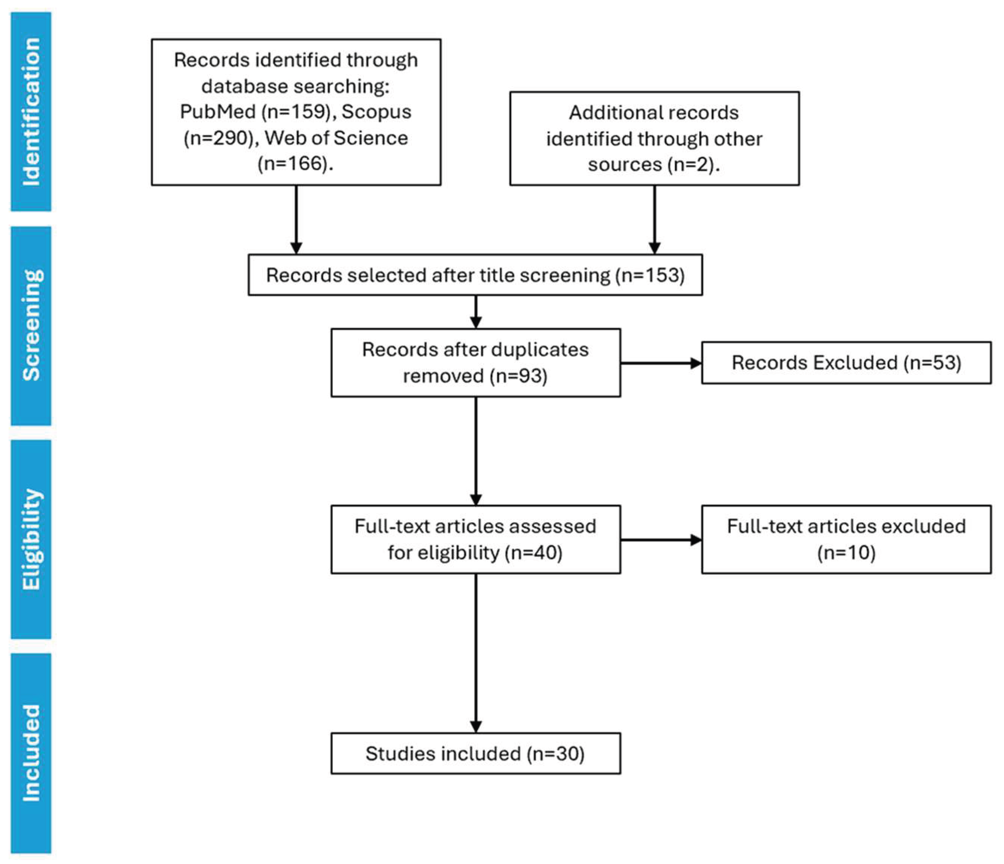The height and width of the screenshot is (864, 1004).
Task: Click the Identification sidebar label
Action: (x=31, y=112)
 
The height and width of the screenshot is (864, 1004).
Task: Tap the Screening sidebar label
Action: (x=31, y=326)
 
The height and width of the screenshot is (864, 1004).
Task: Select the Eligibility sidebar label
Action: (x=31, y=539)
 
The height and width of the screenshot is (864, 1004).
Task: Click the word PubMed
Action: (x=218, y=112)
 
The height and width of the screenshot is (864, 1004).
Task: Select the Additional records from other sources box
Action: (x=654, y=138)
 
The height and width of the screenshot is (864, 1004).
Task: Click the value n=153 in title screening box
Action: (x=650, y=275)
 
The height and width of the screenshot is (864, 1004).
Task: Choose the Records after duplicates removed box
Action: (x=475, y=363)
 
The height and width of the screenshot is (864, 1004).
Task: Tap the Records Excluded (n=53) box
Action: (x=846, y=363)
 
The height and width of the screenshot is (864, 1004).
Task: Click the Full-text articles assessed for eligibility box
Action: (x=475, y=539)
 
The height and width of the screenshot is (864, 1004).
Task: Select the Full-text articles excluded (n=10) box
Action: (x=846, y=539)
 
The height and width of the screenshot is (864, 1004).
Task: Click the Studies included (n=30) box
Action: (x=475, y=754)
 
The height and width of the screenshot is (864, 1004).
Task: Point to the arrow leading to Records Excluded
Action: (x=661, y=363)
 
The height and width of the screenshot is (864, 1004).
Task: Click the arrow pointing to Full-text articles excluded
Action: (x=661, y=539)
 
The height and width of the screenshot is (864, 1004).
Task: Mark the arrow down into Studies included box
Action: (x=476, y=654)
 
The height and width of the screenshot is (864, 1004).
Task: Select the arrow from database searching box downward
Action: (x=296, y=219)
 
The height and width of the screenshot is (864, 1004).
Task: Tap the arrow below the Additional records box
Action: (x=654, y=219)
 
